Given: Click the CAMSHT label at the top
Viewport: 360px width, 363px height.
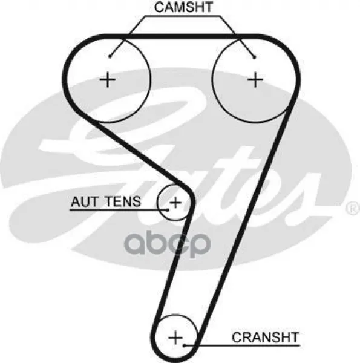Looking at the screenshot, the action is tap(183, 7).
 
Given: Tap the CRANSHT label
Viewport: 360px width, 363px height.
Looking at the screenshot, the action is tap(266, 338).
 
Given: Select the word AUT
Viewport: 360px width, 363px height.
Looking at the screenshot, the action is tap(85, 201).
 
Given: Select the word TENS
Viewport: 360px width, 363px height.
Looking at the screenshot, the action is tap(123, 201).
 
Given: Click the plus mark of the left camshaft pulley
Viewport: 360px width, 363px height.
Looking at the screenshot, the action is tap(108, 80).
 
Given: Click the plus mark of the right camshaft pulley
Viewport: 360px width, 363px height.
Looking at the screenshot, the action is tap(255, 80).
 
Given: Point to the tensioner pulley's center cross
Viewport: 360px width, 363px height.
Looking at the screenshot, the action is tap(175, 203).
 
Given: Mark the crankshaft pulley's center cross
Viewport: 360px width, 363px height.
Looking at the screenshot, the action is tap(175, 338).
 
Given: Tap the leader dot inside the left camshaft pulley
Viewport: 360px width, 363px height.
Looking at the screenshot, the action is tap(110, 56).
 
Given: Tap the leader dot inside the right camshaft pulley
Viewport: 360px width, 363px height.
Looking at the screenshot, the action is tap(255, 57).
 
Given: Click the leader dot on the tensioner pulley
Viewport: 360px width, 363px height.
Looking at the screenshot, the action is tap(168, 210).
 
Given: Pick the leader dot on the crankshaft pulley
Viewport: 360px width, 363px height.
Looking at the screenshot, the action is tap(185, 345).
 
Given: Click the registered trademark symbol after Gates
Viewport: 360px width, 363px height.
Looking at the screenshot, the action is tap(353, 208).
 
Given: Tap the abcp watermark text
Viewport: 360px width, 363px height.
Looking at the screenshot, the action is tap(168, 243).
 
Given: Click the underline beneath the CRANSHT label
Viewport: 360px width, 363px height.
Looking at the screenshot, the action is tap(242, 345).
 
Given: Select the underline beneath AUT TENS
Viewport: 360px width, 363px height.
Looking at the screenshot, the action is tap(119, 210).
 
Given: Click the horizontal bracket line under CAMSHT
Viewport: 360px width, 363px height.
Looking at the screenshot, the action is tap(183, 16).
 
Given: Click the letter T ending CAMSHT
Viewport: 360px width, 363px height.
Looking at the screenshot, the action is tap(208, 7).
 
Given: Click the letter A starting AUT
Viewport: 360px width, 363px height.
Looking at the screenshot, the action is tap(76, 201).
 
